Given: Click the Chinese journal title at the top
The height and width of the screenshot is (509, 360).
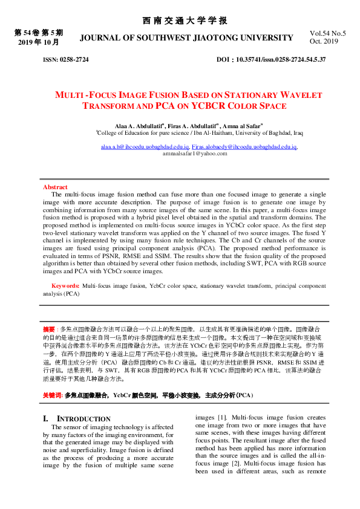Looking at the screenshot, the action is pos(185,21).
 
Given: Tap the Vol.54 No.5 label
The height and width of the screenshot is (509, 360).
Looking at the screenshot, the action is pos(327,34).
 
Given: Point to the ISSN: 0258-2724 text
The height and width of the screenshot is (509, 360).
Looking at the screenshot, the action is pos(65,60).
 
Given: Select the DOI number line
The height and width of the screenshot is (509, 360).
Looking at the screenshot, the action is pos(271,60).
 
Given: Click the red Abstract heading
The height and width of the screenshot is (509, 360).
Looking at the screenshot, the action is pos(54,187).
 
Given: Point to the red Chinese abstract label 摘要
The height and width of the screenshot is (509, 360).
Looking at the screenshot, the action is pos(49,329).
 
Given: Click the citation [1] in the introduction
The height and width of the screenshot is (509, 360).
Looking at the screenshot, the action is pos(222,417).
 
